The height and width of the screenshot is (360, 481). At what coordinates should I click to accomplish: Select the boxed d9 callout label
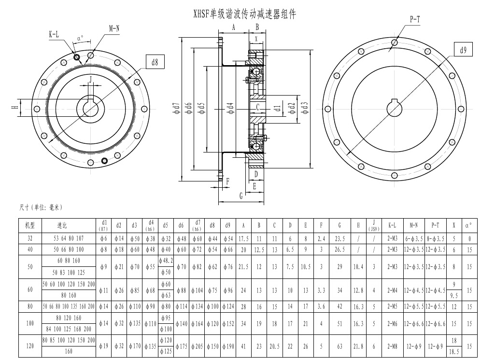[463, 50]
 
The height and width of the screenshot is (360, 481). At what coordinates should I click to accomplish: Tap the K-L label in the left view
[54, 34]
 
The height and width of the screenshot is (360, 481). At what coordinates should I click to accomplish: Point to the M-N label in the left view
[114, 29]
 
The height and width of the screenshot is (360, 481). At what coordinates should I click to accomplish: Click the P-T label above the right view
[414, 19]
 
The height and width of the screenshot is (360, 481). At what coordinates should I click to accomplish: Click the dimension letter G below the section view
[240, 195]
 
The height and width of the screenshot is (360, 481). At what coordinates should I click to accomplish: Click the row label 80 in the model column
[30, 306]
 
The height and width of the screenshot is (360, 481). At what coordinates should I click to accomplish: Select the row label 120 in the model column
[30, 346]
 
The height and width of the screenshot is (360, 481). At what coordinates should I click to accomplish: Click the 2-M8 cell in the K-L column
[392, 346]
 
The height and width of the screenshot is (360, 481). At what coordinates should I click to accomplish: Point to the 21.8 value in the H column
[358, 346]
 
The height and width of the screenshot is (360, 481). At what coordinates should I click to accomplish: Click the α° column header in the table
[468, 225]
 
